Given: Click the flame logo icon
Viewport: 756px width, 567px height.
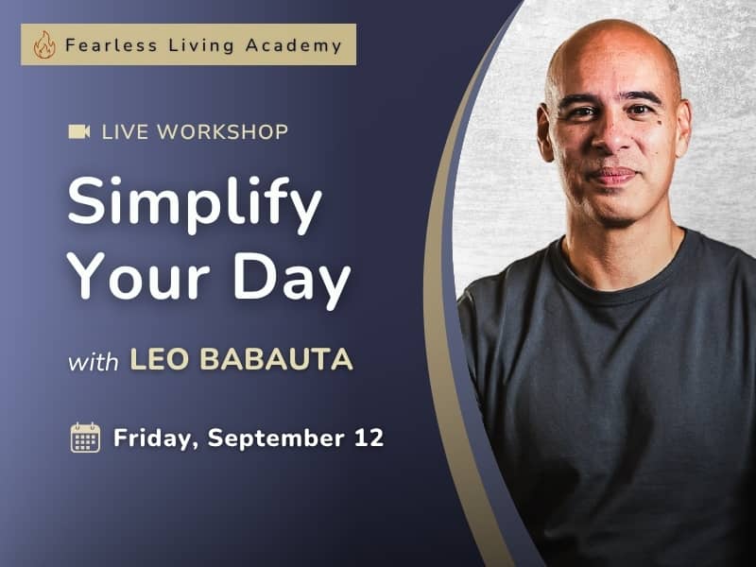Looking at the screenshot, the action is [44, 44].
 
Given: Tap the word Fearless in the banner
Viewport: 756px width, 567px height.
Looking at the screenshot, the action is [112, 45].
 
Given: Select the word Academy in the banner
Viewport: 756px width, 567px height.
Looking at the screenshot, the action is [294, 45].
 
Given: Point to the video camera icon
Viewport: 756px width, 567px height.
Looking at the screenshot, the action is [79, 131].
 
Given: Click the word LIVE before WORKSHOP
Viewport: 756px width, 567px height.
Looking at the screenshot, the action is [125, 132].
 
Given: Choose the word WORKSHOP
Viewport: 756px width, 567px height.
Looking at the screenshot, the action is [223, 132].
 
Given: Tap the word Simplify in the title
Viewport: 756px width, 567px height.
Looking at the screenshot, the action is [195, 203].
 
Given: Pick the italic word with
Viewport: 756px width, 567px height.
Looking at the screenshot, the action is [93, 361].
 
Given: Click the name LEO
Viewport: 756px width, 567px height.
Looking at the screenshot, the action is [159, 359].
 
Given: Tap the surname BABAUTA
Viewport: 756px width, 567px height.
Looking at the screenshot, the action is [276, 359].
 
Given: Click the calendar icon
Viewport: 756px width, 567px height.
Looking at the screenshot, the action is [85, 438].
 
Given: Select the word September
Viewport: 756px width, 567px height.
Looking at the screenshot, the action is [276, 438].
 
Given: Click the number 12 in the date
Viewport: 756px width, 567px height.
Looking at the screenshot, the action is [369, 438].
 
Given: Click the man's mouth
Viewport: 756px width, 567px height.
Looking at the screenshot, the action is [613, 176].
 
